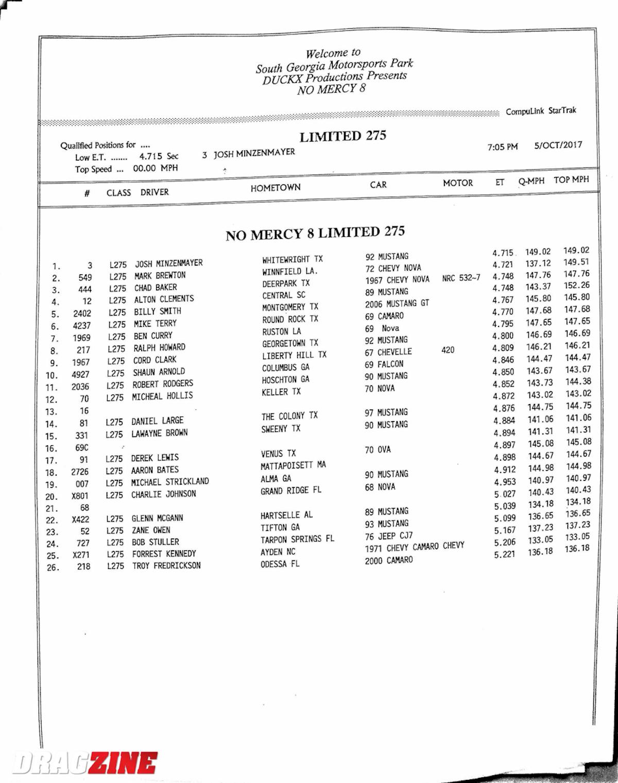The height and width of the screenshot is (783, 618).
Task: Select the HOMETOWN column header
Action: tap(276, 188)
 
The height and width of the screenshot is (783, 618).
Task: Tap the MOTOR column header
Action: tap(457, 183)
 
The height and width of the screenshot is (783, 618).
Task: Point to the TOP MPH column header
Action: tap(571, 180)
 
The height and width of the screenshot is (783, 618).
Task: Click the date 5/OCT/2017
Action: tap(558, 145)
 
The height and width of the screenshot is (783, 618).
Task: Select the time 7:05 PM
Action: tap(502, 147)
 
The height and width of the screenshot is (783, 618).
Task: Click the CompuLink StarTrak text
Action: tap(541, 111)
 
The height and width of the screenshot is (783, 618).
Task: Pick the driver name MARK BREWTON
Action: tap(160, 275)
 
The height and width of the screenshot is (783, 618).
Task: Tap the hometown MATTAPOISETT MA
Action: tap(293, 465)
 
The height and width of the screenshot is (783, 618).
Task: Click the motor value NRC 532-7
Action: tap(461, 278)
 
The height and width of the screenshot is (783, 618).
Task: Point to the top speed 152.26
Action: tap(577, 285)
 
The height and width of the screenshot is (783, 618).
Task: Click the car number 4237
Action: tap(81, 325)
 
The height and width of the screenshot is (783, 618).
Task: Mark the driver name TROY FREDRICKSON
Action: tap(166, 565)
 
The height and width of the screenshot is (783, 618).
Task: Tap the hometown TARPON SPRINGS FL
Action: tap(297, 540)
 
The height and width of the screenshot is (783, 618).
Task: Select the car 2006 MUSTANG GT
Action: tap(397, 304)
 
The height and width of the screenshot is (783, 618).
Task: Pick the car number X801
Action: tap(80, 496)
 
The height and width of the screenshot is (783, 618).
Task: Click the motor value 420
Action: tap(448, 350)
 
